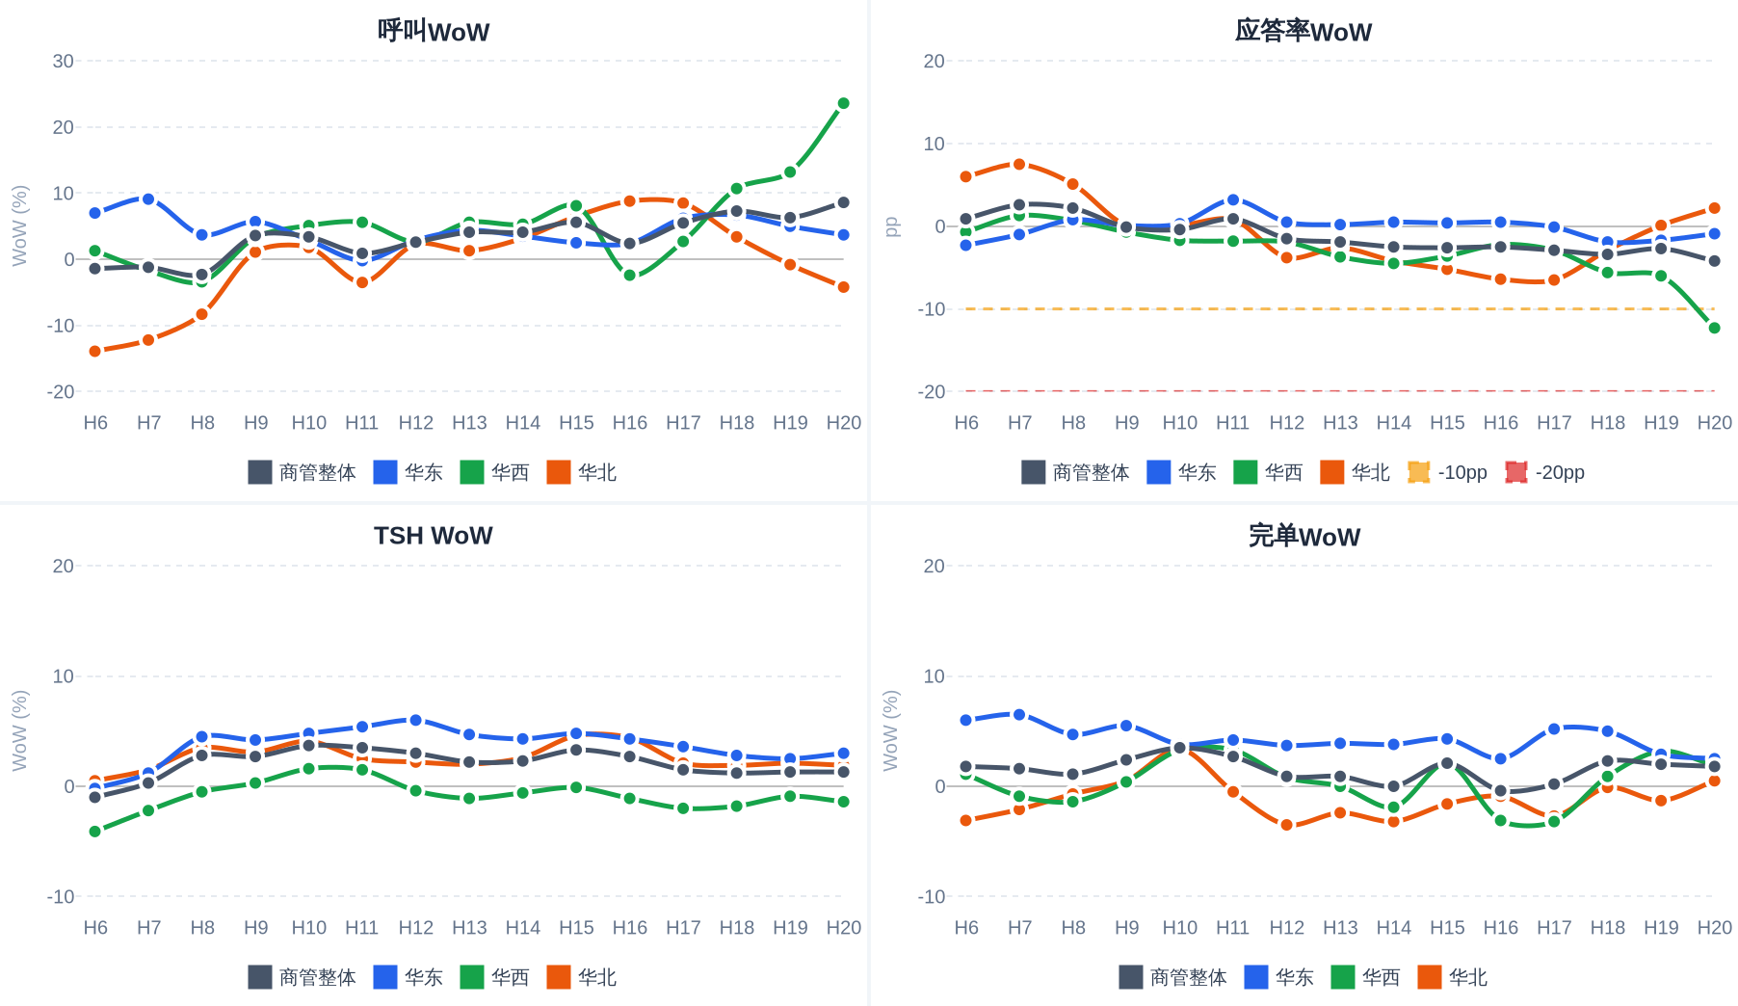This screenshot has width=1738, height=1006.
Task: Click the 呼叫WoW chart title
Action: pyautogui.click(x=434, y=32)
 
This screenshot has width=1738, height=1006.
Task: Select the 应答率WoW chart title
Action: pyautogui.click(x=1303, y=32)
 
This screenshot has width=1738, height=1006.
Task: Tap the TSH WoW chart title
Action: pyautogui.click(x=434, y=536)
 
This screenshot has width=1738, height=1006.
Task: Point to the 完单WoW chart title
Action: pyautogui.click(x=1303, y=536)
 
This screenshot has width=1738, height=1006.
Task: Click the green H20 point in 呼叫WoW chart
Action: pyautogui.click(x=843, y=103)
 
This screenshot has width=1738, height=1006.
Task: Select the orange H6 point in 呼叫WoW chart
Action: pyautogui.click(x=95, y=352)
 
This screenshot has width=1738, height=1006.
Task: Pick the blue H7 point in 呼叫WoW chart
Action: pyautogui.click(x=148, y=199)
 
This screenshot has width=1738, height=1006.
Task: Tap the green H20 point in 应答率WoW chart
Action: pyautogui.click(x=1714, y=328)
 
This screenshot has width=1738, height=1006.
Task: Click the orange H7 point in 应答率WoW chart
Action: pyautogui.click(x=1019, y=164)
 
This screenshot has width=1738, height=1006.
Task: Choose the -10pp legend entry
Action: pyautogui.click(x=1447, y=472)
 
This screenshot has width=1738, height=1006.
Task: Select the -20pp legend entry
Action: pyautogui.click(x=1545, y=472)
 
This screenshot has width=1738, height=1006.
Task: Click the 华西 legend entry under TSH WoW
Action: pyautogui.click(x=495, y=977)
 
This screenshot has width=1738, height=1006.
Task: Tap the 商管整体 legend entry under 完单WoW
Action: pyautogui.click(x=1172, y=977)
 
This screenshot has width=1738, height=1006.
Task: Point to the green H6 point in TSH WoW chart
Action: pyautogui.click(x=95, y=831)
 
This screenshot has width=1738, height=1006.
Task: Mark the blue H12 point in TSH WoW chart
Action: pyautogui.click(x=415, y=720)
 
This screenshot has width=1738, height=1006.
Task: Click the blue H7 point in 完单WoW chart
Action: pyautogui.click(x=1019, y=714)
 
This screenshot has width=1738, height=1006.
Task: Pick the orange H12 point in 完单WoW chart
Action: pyautogui.click(x=1286, y=825)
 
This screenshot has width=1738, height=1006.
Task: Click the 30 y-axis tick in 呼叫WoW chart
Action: pyautogui.click(x=64, y=61)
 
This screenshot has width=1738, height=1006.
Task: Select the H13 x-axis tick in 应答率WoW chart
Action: pyautogui.click(x=1340, y=422)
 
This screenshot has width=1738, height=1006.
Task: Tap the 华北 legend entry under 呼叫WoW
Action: pyautogui.click(x=582, y=472)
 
